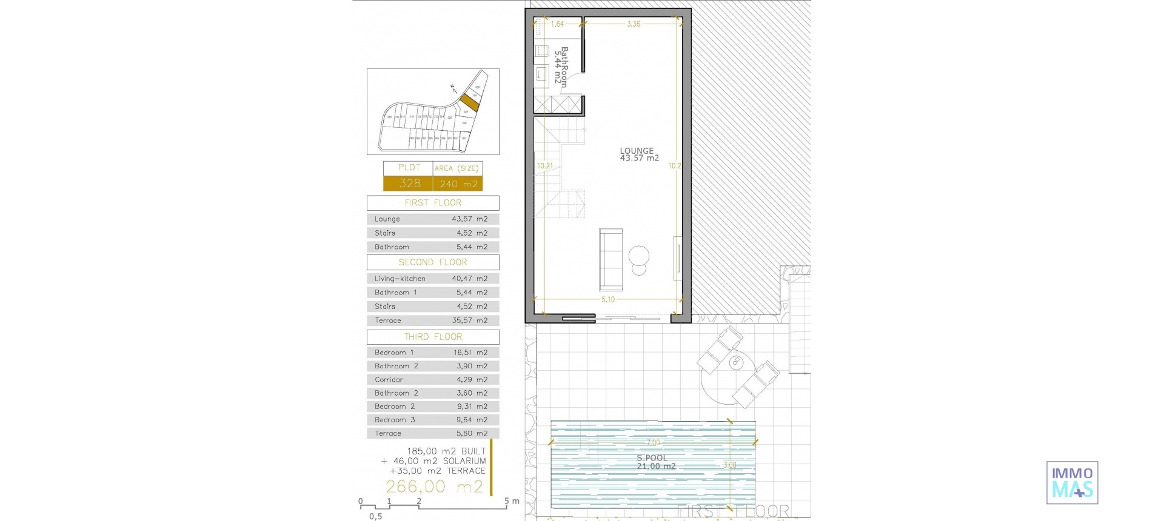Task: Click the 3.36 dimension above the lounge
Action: point(633,24)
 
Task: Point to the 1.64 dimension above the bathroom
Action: point(557,24)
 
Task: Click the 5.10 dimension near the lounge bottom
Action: point(607,299)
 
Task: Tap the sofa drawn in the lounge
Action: point(610,259)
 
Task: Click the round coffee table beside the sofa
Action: point(638,256)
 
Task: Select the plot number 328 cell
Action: point(409,184)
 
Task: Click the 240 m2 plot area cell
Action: point(458,184)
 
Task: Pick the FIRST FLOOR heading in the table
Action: point(433,203)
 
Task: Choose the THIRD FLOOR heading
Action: point(433,337)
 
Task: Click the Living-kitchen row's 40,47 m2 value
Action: point(469,279)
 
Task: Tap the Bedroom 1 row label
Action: point(394,353)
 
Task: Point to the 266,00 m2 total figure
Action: point(434,486)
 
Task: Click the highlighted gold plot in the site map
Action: point(470,102)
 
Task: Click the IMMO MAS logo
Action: point(1072,482)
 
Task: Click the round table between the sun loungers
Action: point(736,363)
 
